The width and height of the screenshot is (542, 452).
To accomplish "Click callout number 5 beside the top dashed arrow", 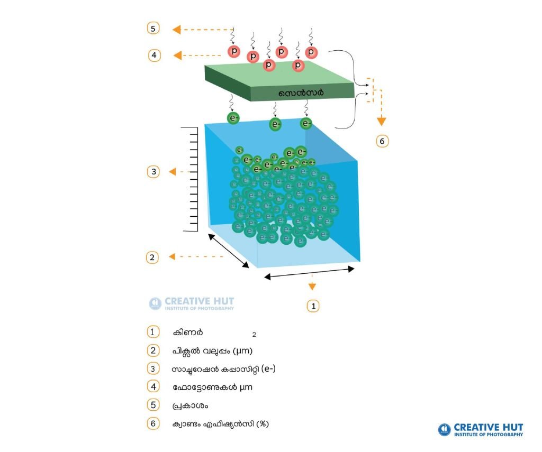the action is [x=153, y=28].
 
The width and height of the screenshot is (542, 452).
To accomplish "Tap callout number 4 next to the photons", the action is [x=154, y=56].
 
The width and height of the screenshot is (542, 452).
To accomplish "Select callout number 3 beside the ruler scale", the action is [x=153, y=172].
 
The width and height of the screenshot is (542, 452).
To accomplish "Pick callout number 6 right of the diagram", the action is [x=382, y=141].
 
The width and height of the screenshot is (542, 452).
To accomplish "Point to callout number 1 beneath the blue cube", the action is [x=313, y=306].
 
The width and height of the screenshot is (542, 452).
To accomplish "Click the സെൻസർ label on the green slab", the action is [x=301, y=93].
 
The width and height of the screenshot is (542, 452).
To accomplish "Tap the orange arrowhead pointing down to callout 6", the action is [x=381, y=121].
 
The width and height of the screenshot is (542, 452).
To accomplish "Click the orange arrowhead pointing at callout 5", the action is [x=177, y=30].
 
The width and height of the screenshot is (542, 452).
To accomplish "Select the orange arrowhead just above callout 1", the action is [x=312, y=286].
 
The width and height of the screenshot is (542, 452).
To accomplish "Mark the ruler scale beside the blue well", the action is [x=190, y=179].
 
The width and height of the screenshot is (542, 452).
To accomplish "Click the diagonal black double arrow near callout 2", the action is [x=228, y=251].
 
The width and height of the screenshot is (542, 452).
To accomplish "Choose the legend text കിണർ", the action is [x=188, y=333].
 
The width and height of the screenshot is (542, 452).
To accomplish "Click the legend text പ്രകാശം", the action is [x=190, y=405].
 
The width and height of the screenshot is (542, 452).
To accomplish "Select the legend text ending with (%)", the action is [x=220, y=423].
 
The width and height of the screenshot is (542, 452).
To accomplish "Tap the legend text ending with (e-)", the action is [x=223, y=369].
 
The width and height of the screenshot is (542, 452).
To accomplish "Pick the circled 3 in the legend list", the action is [x=153, y=369].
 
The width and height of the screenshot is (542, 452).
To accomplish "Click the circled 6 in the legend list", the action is [x=153, y=423].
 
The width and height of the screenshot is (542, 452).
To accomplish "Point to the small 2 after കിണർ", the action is [x=254, y=335].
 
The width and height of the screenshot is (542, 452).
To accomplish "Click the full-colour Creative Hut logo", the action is [x=481, y=430].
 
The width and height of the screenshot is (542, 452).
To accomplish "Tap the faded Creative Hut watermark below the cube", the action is [x=192, y=303].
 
